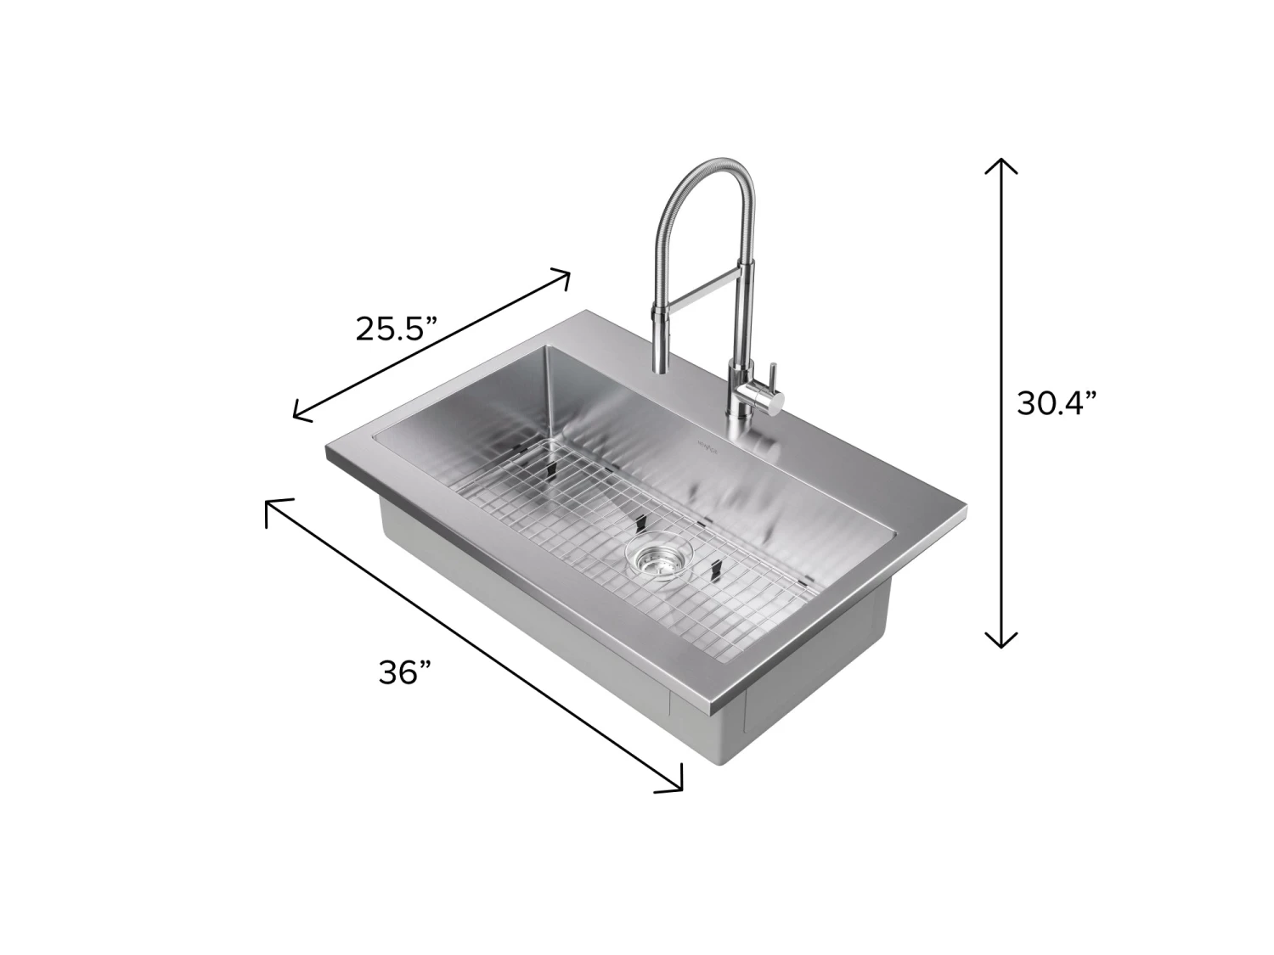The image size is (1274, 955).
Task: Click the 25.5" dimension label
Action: (395, 329)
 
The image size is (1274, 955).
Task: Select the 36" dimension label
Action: (405, 673)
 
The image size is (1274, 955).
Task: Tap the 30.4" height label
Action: (1057, 403)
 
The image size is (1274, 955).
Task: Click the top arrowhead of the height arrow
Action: (1001, 166)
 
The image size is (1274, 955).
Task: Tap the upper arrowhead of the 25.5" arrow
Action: (560, 278)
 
